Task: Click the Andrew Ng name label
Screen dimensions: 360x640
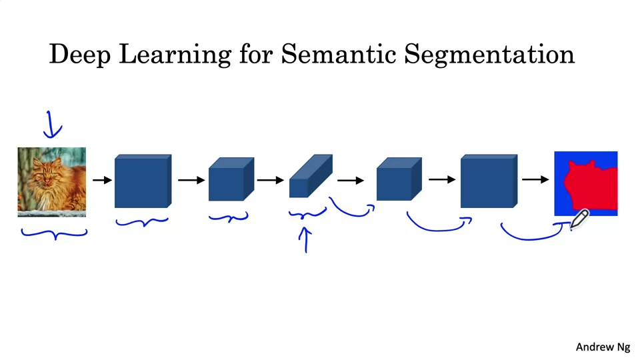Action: tap(603, 347)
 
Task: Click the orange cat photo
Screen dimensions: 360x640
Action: tap(52, 181)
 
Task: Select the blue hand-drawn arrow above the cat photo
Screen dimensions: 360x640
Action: tap(51, 124)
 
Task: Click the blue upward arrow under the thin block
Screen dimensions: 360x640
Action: tap(306, 240)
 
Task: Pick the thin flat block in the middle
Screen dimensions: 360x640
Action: tap(310, 177)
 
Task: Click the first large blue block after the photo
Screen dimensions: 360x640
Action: tap(142, 181)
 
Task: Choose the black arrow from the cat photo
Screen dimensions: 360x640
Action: tap(101, 180)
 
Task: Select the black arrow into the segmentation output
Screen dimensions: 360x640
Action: tap(535, 179)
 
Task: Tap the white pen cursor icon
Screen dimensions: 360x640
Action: tap(579, 219)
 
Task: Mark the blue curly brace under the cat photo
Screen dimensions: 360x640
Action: tap(53, 233)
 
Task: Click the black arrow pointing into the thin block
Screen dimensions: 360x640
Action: tap(270, 180)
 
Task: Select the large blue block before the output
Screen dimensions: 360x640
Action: tap(488, 181)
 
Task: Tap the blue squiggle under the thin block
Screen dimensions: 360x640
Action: tap(307, 214)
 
